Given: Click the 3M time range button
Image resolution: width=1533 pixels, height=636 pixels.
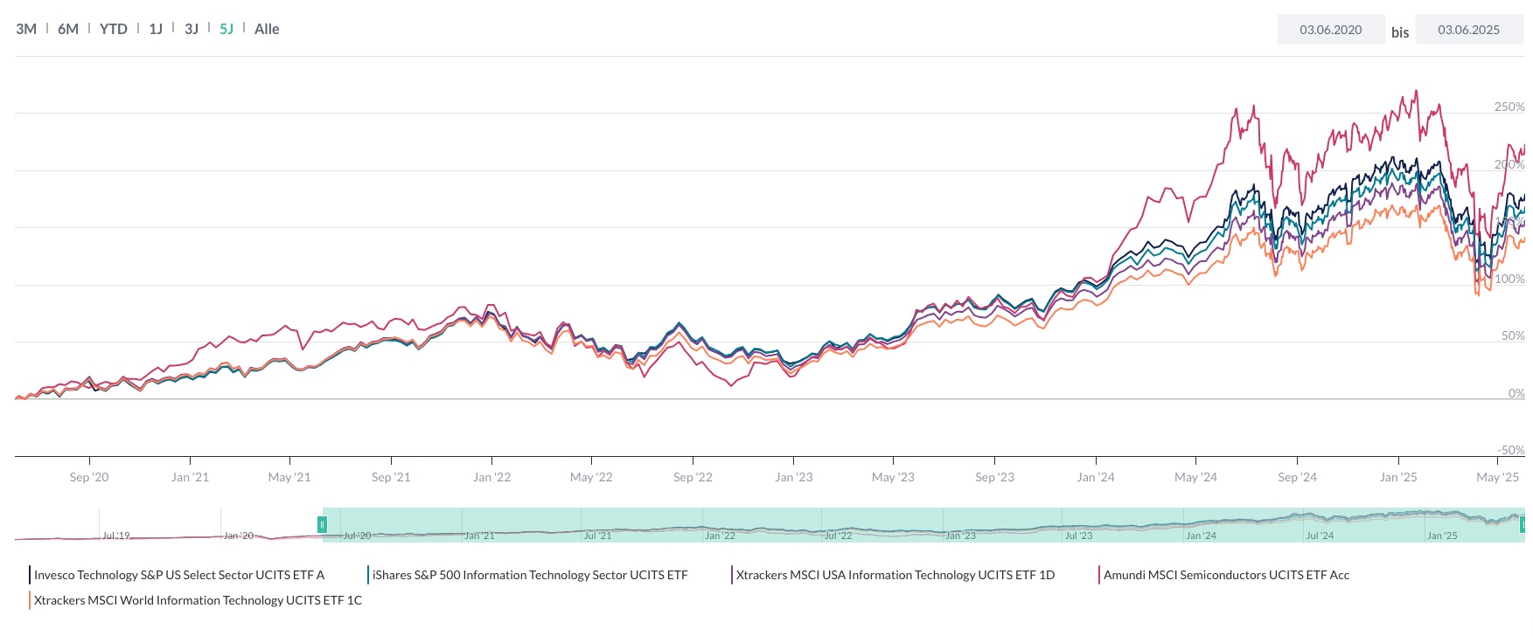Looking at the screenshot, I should (x=26, y=29).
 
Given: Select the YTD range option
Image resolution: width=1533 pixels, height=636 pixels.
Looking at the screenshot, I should (x=113, y=29).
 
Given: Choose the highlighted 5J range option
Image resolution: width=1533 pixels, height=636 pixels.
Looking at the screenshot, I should (x=226, y=29).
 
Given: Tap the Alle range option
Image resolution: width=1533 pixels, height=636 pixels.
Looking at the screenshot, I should (x=267, y=29).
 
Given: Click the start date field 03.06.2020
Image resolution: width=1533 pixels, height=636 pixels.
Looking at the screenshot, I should (x=1330, y=30).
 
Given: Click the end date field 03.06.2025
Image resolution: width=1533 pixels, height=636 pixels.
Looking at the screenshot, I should (x=1468, y=30).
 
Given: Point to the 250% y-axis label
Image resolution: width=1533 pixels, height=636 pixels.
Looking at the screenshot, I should (x=1509, y=107).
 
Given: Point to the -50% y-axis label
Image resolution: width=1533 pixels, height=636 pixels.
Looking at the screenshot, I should (x=1510, y=450).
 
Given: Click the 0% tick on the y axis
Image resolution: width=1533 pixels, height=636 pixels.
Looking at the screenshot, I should (x=1516, y=393).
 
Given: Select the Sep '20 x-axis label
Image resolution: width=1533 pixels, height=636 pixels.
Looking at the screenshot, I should (x=89, y=477).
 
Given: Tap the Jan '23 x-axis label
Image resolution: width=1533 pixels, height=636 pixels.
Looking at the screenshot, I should (x=793, y=477).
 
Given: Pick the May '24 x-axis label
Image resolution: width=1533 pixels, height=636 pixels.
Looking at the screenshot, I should (x=1195, y=477).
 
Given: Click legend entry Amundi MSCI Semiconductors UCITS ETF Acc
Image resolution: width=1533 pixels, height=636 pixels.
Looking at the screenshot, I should (x=1226, y=575).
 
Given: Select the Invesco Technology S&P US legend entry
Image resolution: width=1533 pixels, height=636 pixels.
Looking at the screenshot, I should (x=179, y=575).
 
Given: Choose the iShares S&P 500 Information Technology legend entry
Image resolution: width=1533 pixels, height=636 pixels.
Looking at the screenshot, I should (x=530, y=575).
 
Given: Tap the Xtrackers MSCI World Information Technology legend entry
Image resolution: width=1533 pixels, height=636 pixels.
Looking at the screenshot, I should (x=198, y=600).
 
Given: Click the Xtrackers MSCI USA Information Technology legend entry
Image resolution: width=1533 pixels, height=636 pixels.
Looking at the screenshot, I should (x=895, y=575).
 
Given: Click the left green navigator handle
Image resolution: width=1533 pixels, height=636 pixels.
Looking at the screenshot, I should (x=322, y=524).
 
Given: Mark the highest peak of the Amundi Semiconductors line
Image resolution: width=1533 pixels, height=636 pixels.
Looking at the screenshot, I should (x=1416, y=91).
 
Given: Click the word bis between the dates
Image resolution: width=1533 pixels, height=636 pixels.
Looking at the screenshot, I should (x=1400, y=32).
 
